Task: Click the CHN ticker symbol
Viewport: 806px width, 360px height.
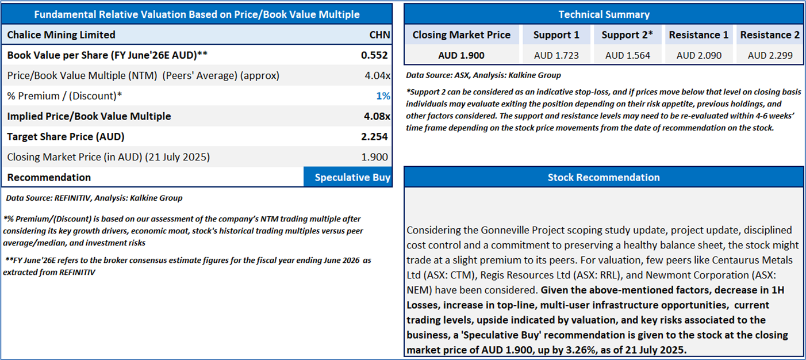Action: coord(379,35)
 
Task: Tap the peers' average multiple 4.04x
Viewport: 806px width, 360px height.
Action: coord(377,75)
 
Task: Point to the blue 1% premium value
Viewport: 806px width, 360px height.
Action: coord(383,96)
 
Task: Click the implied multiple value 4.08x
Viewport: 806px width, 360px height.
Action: coord(377,116)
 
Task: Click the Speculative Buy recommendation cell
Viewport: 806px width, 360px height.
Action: coord(348,177)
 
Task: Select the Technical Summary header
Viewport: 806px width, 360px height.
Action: coord(604,14)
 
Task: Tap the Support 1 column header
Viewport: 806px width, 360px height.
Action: coord(556,35)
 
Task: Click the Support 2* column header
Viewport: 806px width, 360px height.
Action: coord(627,35)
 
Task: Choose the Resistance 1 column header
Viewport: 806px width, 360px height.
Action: coord(698,35)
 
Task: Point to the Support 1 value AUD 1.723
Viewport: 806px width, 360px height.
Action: coord(556,55)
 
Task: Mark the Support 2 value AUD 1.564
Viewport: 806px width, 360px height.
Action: coord(627,55)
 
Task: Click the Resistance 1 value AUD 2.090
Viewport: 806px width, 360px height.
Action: coord(698,55)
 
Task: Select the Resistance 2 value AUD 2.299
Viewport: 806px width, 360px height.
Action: coord(770,55)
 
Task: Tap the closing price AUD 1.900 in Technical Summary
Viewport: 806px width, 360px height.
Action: coord(461,55)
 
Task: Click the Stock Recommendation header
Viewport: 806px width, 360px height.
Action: coord(604,177)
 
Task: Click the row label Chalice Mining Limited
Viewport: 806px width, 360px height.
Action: coord(61,35)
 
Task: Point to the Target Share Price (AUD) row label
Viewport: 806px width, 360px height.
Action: coord(66,137)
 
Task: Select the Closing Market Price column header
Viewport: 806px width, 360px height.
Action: coord(461,35)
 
